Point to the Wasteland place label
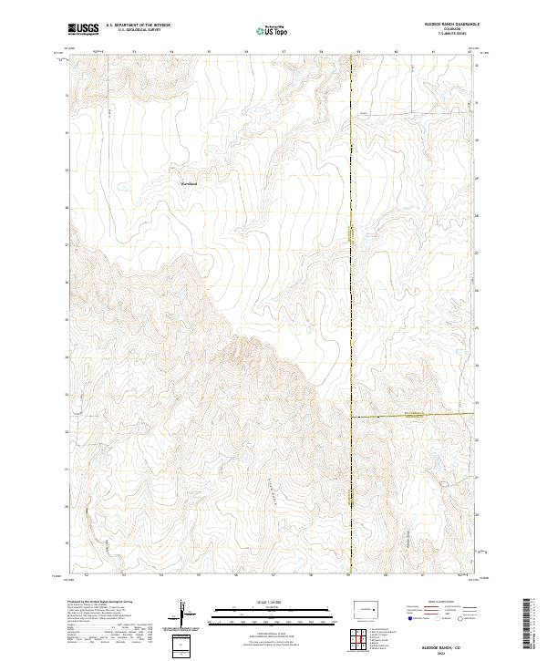(x=189, y=184)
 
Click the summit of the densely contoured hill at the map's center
(x=243, y=345)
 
